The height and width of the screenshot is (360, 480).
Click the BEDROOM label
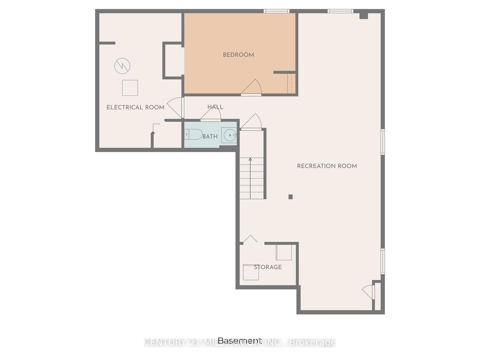(238, 55)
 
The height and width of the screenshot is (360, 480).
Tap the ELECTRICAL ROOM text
(135, 107)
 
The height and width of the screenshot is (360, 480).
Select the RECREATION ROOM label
(327, 166)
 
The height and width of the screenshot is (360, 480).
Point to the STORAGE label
(268, 267)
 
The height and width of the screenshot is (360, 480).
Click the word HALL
(215, 107)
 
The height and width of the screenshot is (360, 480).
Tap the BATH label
(210, 136)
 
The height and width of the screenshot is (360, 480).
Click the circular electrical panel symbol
(122, 66)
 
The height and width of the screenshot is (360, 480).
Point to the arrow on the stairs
(250, 160)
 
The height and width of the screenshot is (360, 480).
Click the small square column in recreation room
(290, 197)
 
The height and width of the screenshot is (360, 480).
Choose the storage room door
(251, 239)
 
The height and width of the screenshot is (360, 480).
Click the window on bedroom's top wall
(276, 11)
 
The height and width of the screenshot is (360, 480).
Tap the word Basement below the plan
(239, 340)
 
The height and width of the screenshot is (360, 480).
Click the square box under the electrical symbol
(130, 88)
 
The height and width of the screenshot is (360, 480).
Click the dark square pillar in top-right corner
(363, 15)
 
